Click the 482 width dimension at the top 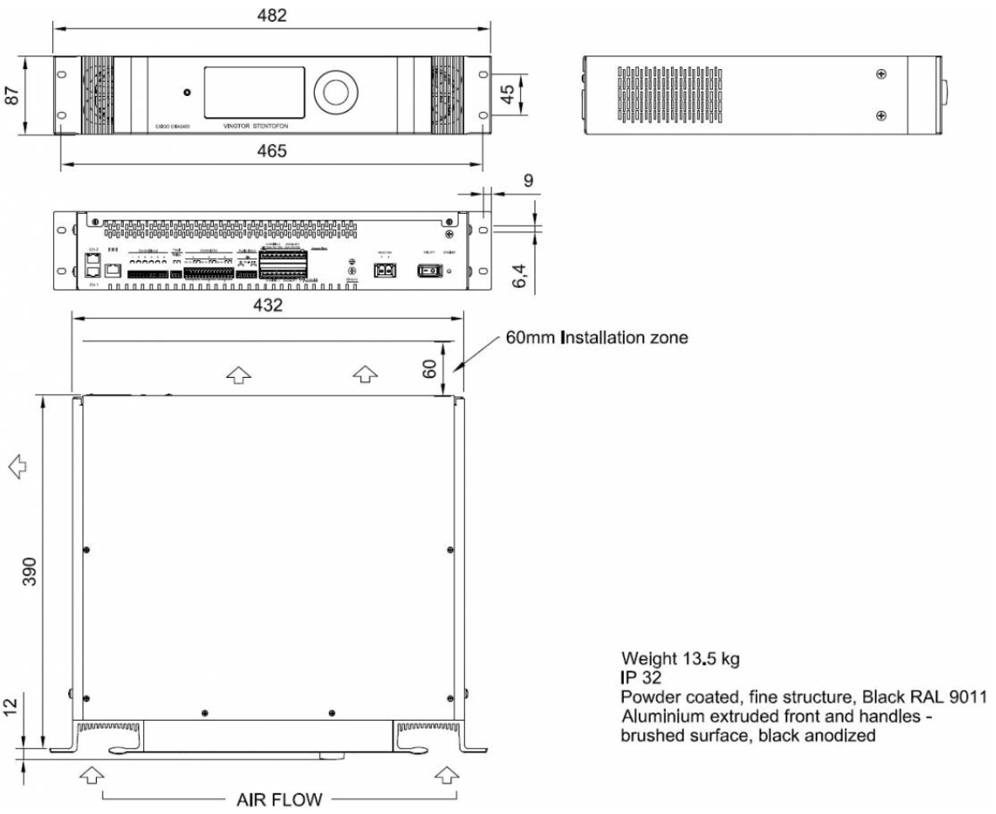[273, 15]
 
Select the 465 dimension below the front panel [272, 152]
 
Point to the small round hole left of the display [187, 92]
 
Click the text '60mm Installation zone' [597, 338]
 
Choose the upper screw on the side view [881, 74]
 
